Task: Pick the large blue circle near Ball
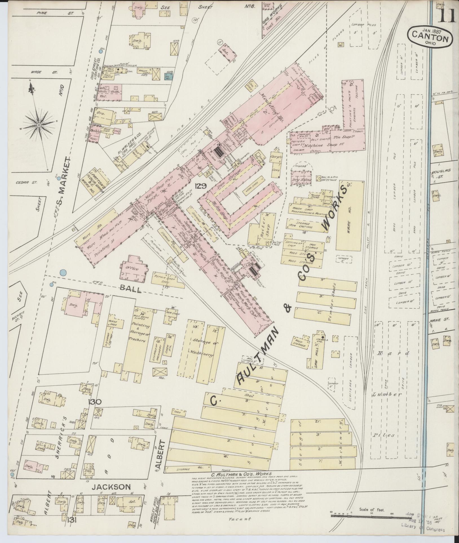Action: click(63, 272)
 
